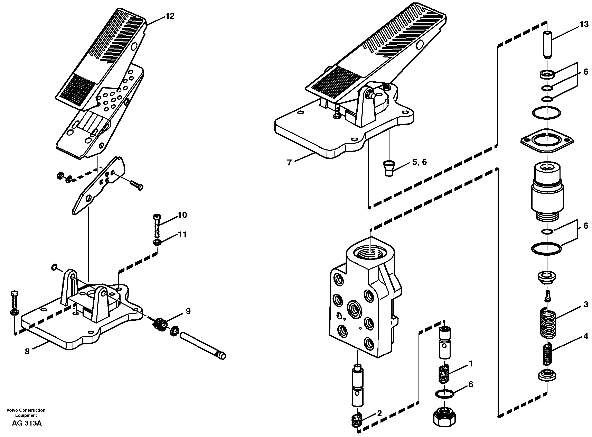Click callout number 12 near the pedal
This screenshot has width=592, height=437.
pyautogui.click(x=170, y=16)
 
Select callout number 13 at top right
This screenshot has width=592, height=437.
pyautogui.click(x=584, y=25)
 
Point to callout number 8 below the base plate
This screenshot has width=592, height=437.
pyautogui.click(x=27, y=351)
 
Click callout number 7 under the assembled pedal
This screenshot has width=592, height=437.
pyautogui.click(x=289, y=163)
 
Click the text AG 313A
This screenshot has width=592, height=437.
pyautogui.click(x=27, y=423)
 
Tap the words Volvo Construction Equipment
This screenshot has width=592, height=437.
pyautogui.click(x=26, y=413)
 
